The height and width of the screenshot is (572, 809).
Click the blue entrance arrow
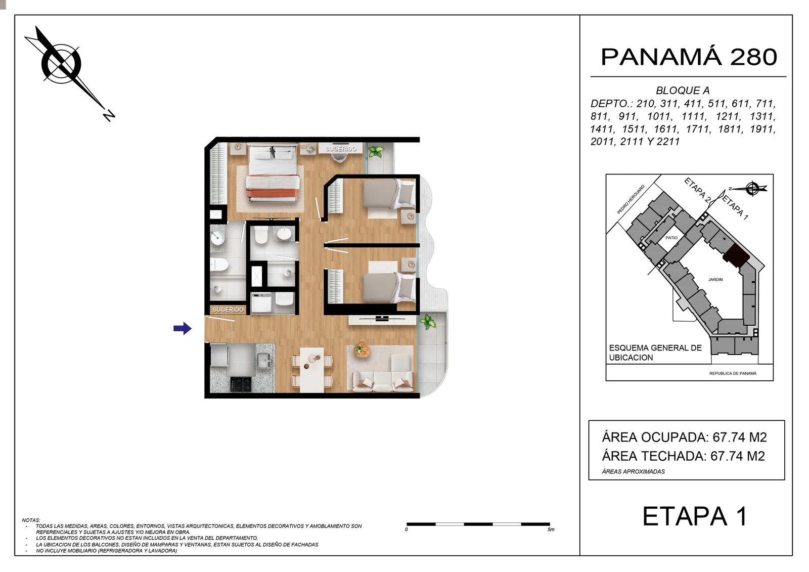pyautogui.click(x=183, y=328)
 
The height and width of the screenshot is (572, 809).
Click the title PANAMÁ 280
pyautogui.click(x=689, y=57)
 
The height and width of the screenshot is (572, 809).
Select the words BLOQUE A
pyautogui.click(x=683, y=91)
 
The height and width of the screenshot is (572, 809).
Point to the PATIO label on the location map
pyautogui.click(x=671, y=238)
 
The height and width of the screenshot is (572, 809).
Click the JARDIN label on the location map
pyautogui.click(x=715, y=280)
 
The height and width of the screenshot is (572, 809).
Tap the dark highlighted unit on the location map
pyautogui.click(x=736, y=255)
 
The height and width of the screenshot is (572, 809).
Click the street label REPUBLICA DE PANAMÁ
pyautogui.click(x=733, y=373)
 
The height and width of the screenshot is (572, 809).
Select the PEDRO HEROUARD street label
pyautogui.click(x=631, y=199)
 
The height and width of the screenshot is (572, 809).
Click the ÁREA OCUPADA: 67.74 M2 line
pyautogui.click(x=684, y=437)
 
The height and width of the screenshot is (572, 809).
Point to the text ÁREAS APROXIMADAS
pyautogui.click(x=633, y=471)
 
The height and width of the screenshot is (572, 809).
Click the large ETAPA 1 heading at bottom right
pyautogui.click(x=695, y=516)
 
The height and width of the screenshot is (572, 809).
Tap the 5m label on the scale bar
pyautogui.click(x=551, y=530)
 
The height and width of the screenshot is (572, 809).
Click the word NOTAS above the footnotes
pyautogui.click(x=31, y=520)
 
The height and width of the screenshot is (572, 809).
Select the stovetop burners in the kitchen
pyautogui.click(x=241, y=384)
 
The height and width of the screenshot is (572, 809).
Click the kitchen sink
pyautogui.click(x=264, y=360)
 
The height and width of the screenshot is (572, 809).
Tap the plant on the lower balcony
pyautogui.click(x=428, y=321)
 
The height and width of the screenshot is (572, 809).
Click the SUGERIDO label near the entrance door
pyautogui.click(x=228, y=310)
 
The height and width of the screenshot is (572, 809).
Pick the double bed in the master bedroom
pyautogui.click(x=273, y=173)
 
